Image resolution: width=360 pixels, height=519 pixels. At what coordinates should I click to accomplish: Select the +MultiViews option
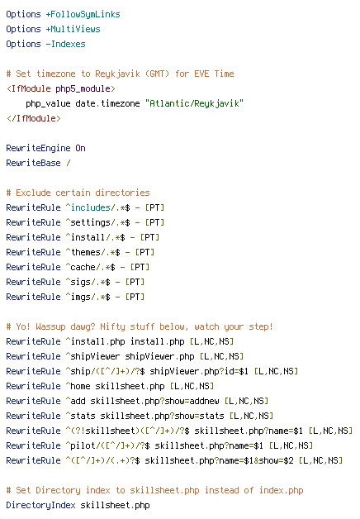pos(73,29)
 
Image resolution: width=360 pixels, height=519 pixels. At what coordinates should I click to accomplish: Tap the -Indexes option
pos(65,44)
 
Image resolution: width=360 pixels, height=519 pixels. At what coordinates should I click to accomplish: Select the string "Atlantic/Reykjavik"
pos(194,103)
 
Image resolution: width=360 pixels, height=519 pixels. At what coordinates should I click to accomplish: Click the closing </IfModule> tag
pos(33,118)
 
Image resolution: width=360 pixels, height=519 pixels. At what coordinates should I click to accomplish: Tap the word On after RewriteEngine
pos(80,148)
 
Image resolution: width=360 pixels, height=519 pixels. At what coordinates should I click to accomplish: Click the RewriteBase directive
pos(33,163)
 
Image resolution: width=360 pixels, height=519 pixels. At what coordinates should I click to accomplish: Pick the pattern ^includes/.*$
pos(98,207)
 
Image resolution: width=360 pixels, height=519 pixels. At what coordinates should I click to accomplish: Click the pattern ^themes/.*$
pos(93,252)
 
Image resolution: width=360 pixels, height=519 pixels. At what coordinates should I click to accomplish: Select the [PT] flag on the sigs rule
pos(135,282)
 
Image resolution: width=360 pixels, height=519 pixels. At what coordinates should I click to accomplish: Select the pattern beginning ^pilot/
pos(108,445)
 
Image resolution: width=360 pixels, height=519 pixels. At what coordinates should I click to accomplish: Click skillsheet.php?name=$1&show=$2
pos(219,461)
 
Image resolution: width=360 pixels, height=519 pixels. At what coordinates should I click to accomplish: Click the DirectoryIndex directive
pos(40,506)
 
